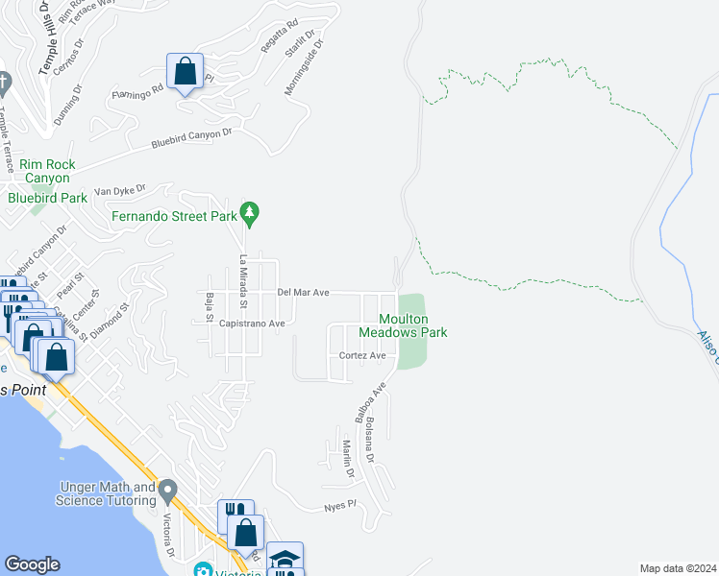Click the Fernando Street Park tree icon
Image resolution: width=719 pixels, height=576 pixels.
pyautogui.click(x=250, y=213)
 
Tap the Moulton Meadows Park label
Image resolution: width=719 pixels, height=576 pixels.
pyautogui.click(x=404, y=325)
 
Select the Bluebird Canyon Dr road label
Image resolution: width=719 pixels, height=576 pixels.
pyautogui.click(x=192, y=139)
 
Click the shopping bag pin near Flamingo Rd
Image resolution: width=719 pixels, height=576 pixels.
pyautogui.click(x=185, y=72)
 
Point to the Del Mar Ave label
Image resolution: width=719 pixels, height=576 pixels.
pyautogui.click(x=304, y=292)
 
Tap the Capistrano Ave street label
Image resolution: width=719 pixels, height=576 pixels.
pyautogui.click(x=252, y=324)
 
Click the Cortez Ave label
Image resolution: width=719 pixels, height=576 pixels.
pyautogui.click(x=362, y=355)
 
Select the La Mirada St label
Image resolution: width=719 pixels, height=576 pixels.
pyautogui.click(x=244, y=281)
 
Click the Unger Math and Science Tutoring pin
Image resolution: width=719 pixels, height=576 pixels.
pyautogui.click(x=168, y=492)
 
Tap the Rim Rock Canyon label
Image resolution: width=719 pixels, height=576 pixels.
pyautogui.click(x=45, y=171)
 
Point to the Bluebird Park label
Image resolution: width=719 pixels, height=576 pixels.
pyautogui.click(x=47, y=198)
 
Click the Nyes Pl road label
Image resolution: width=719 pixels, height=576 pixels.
pyautogui.click(x=340, y=504)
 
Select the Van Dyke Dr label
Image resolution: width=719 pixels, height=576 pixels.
pyautogui.click(x=119, y=191)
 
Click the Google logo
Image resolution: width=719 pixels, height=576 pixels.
pyautogui.click(x=32, y=564)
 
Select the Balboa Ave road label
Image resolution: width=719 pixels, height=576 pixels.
pyautogui.click(x=370, y=402)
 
